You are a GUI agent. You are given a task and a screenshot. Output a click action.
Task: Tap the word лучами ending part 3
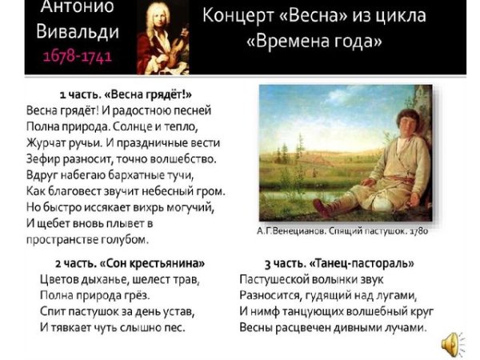coord(404,327)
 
